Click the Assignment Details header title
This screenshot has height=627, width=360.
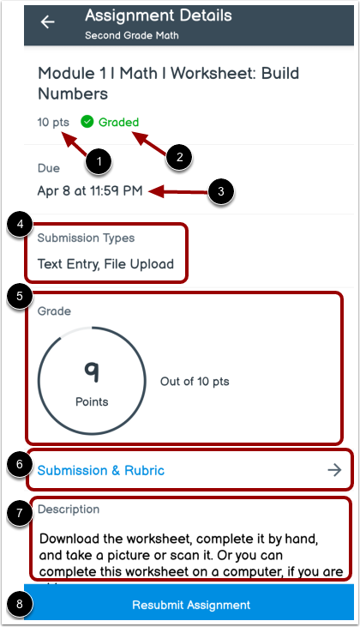[159, 15]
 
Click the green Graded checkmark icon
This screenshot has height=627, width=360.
[87, 122]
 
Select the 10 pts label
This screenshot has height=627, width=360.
[53, 122]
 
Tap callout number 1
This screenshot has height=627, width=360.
[101, 160]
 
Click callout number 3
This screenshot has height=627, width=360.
[221, 191]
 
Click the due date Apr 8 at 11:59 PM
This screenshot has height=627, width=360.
[90, 190]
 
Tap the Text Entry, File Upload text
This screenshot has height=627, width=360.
[105, 264]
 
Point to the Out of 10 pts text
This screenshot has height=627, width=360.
[195, 382]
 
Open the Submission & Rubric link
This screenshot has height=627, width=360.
[100, 470]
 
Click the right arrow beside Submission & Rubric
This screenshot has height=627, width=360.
[334, 470]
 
